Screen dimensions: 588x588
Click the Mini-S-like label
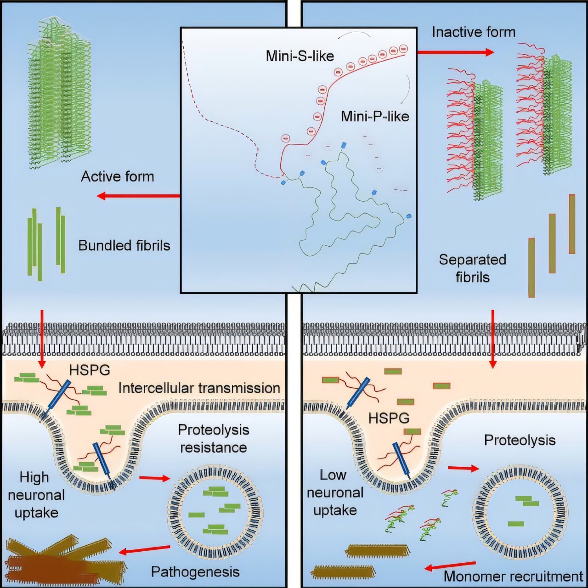tap(300, 56)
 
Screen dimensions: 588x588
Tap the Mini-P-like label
tap(374, 116)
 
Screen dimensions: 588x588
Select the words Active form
tap(117, 176)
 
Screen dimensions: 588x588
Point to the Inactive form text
tap(473, 32)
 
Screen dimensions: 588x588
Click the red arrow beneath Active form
tap(138, 196)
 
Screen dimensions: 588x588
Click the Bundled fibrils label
tap(124, 245)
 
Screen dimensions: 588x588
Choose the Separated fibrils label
tap(472, 268)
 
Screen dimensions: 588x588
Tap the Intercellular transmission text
tap(199, 388)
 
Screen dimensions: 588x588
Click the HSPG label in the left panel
tap(90, 370)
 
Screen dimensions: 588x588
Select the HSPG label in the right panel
tap(389, 418)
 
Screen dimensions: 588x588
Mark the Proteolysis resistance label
tap(213, 438)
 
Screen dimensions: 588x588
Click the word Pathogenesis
tap(195, 572)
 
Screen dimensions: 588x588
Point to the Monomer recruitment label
tap(513, 577)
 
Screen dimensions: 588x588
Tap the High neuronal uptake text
tap(36, 495)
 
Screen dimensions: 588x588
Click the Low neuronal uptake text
tap(335, 492)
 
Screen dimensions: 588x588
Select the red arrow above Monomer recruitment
tap(450, 566)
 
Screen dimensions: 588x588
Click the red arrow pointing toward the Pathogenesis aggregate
tap(144, 549)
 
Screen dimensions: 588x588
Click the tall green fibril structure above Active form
tap(59, 92)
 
